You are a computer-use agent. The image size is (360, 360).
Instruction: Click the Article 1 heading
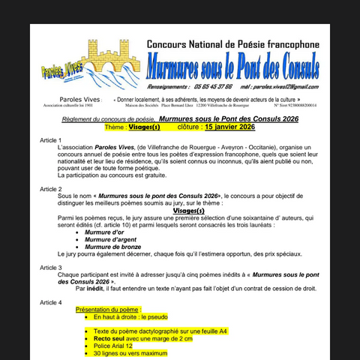(50, 140)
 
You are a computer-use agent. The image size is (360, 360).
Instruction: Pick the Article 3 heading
(50, 267)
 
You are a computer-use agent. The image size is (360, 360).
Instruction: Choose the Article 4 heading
(50, 302)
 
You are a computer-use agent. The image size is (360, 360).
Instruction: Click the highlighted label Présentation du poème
(108, 309)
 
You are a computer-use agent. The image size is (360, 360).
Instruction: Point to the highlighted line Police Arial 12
(112, 346)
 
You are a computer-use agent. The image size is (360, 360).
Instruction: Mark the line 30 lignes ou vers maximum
(130, 353)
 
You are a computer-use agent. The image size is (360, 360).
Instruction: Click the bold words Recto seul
(109, 338)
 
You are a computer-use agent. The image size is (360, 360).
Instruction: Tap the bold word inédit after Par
(94, 288)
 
